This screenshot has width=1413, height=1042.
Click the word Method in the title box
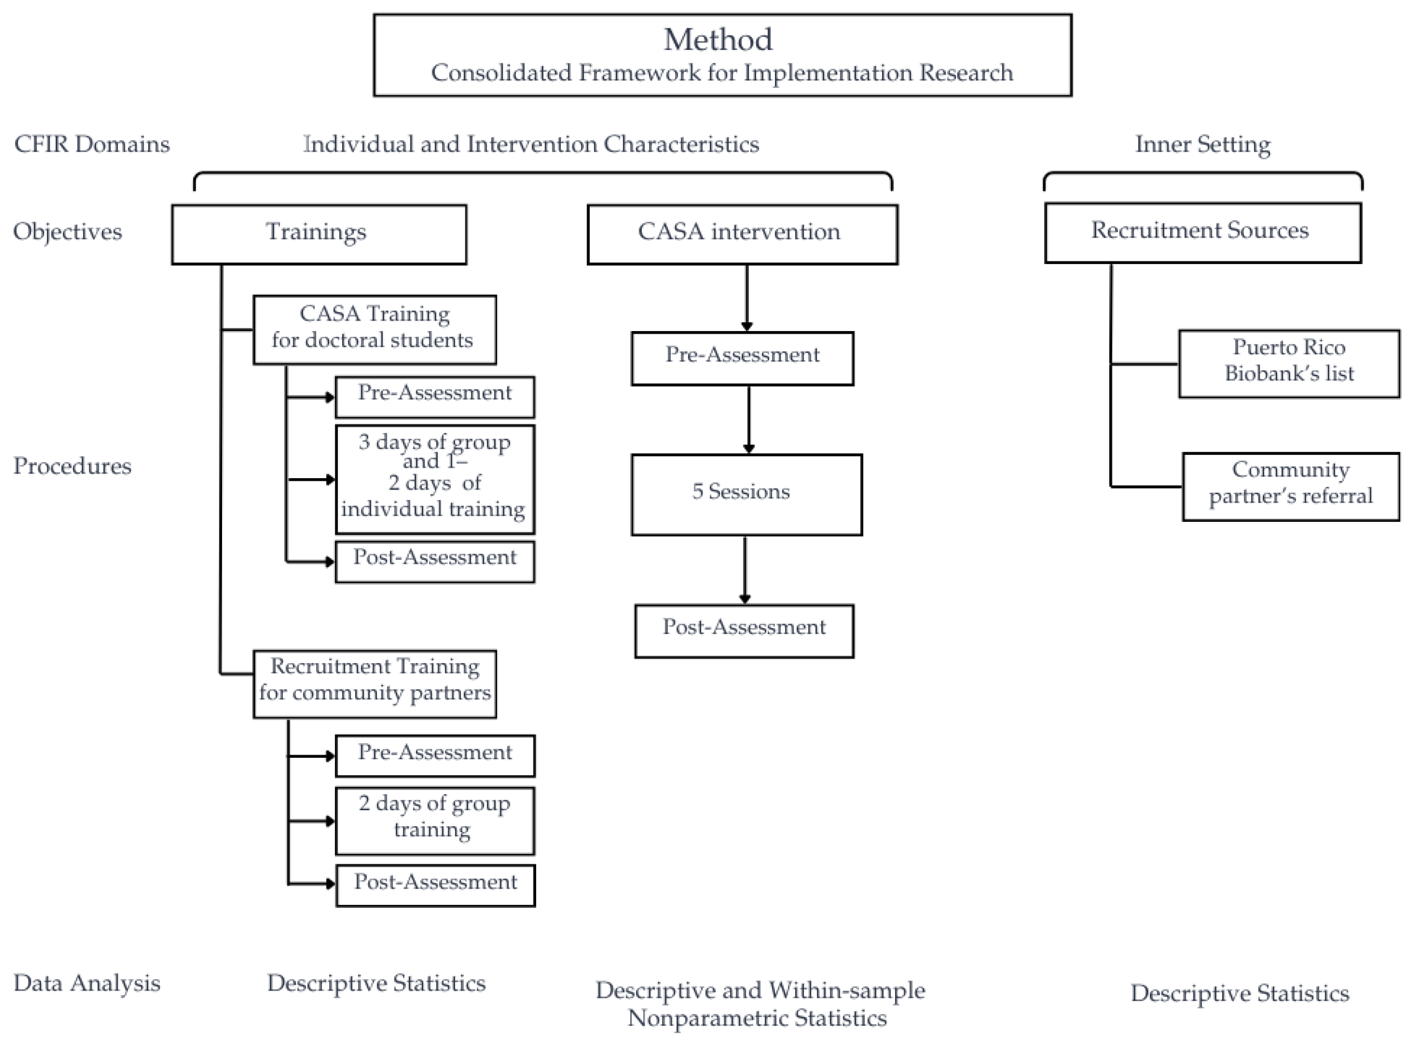pyautogui.click(x=718, y=39)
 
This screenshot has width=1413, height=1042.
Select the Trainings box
pyautogui.click(x=319, y=234)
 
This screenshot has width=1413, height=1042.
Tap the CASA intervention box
pyautogui.click(x=743, y=234)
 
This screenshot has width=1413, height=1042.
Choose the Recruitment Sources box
pyautogui.click(x=1203, y=232)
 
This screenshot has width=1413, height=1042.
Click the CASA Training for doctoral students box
pyautogui.click(x=375, y=330)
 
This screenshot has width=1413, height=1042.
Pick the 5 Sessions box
pyautogui.click(x=747, y=495)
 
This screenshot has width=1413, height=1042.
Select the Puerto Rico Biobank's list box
pyautogui.click(x=1289, y=363)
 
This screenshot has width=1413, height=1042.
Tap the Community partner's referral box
pyautogui.click(x=1291, y=486)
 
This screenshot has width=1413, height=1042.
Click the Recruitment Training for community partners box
pyautogui.click(x=375, y=684)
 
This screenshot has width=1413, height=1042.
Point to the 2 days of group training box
pyautogui.click(x=435, y=821)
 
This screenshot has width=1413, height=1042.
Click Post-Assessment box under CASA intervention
pyautogui.click(x=745, y=631)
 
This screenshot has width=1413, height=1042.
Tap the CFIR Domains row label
pyautogui.click(x=92, y=144)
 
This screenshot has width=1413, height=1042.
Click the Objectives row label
pyautogui.click(x=68, y=231)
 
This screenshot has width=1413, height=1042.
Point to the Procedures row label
pyautogui.click(x=73, y=466)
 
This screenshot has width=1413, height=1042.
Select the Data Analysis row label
pyautogui.click(x=87, y=983)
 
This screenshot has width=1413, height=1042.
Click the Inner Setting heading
pyautogui.click(x=1203, y=144)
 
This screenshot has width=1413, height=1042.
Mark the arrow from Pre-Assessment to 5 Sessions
pyautogui.click(x=749, y=419)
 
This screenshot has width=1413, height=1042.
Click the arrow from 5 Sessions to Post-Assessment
pyautogui.click(x=745, y=570)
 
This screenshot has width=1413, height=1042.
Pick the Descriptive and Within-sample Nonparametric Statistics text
pyautogui.click(x=760, y=1004)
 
